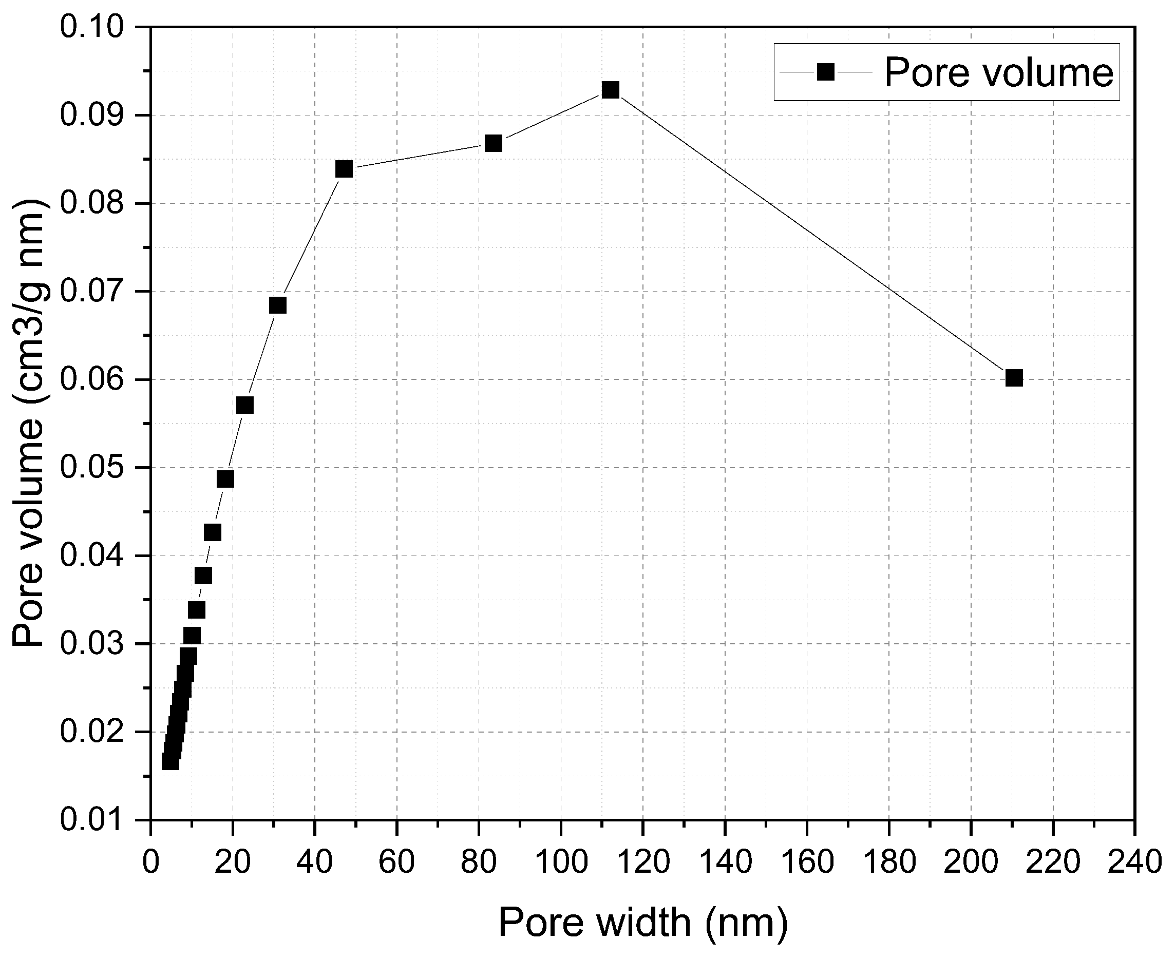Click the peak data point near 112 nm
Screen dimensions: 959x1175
pos(610,89)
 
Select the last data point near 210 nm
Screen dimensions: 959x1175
pos(1014,378)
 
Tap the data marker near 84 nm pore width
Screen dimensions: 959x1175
pos(493,144)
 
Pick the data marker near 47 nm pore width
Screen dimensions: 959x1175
pos(344,169)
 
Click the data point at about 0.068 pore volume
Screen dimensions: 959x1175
pos(277,305)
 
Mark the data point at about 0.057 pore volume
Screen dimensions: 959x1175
pos(245,406)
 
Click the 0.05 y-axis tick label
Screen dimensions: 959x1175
pos(92,467)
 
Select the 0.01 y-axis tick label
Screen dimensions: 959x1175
pos(92,820)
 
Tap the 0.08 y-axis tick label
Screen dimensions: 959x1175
pos(92,203)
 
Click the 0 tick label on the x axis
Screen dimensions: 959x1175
pos(151,862)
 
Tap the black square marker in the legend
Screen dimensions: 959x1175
pos(825,72)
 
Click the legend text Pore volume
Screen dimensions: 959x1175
pos(998,72)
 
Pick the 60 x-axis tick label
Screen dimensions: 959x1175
pos(397,862)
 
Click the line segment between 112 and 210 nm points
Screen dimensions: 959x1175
pos(812,234)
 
